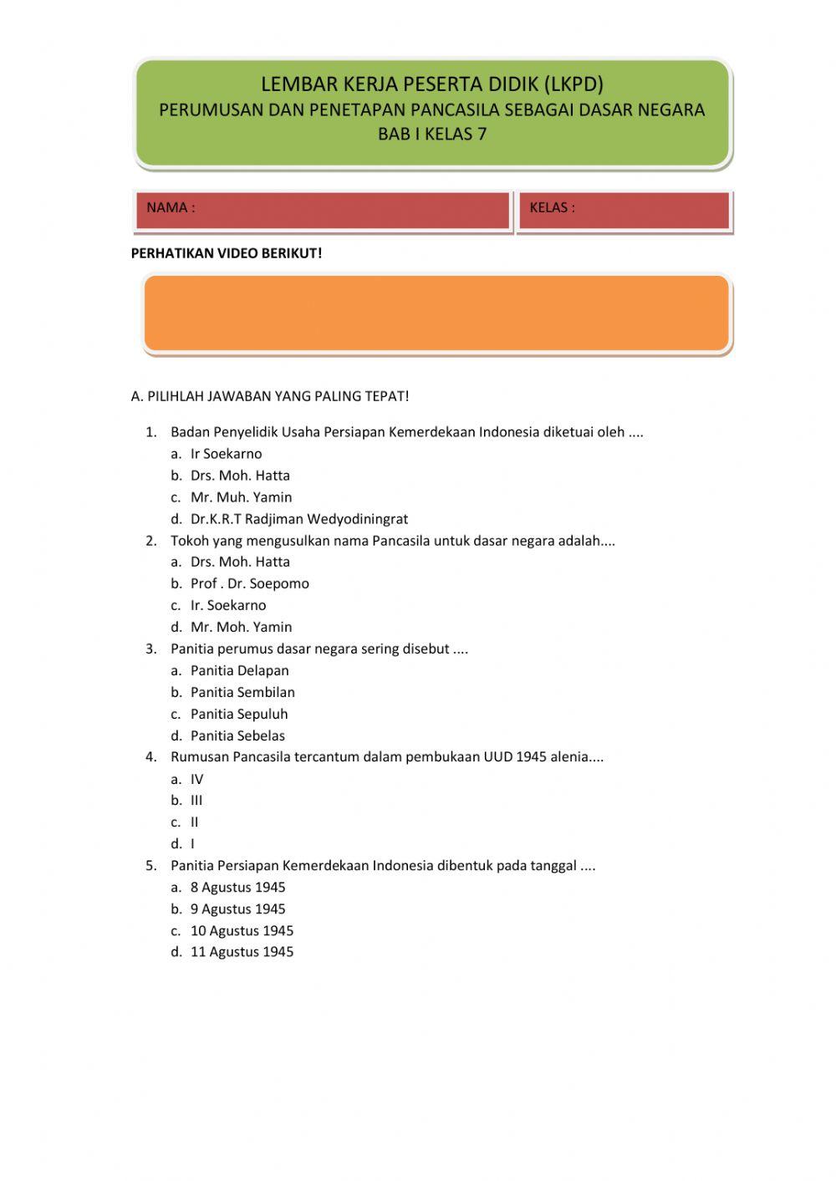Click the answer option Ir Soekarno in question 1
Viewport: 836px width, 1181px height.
pyautogui.click(x=226, y=454)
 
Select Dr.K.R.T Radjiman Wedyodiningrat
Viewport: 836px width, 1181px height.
pyautogui.click(x=298, y=519)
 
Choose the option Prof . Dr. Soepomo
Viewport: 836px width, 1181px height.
pyautogui.click(x=249, y=583)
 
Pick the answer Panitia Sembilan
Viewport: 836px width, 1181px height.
pyautogui.click(x=242, y=692)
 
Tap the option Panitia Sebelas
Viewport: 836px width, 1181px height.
pyautogui.click(x=237, y=736)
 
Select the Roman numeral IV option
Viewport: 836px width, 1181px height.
pyautogui.click(x=196, y=779)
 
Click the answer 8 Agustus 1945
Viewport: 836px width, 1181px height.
pyautogui.click(x=237, y=887)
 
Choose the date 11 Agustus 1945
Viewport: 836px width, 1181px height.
pyautogui.click(x=242, y=951)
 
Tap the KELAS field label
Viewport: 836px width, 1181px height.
pyautogui.click(x=552, y=208)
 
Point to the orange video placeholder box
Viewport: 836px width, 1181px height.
pyautogui.click(x=436, y=313)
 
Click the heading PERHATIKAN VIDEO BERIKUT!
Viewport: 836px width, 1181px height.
pyautogui.click(x=227, y=253)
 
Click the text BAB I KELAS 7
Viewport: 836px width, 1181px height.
pyautogui.click(x=432, y=134)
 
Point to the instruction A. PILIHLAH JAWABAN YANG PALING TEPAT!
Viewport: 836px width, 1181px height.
pyautogui.click(x=270, y=396)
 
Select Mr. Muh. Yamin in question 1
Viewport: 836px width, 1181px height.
pyautogui.click(x=241, y=497)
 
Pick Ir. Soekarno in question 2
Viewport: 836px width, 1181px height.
pyautogui.click(x=227, y=605)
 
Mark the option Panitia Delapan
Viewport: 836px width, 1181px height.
pyautogui.click(x=239, y=670)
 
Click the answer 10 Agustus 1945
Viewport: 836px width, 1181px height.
pyautogui.click(x=242, y=930)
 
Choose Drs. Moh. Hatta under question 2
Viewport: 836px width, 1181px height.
pyautogui.click(x=240, y=562)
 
